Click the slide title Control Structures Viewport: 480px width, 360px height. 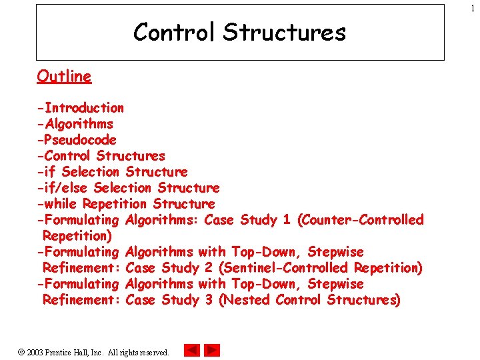[x=239, y=32]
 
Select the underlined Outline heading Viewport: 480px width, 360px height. [x=64, y=76]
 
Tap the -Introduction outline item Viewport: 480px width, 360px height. [x=81, y=108]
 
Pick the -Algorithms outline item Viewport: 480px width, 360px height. [x=75, y=124]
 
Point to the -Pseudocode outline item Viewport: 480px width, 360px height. [x=77, y=140]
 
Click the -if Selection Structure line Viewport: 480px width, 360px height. [x=113, y=172]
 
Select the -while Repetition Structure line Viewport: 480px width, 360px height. [x=126, y=204]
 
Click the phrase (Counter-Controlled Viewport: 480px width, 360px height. [x=361, y=220]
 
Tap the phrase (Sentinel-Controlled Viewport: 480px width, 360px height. [x=283, y=268]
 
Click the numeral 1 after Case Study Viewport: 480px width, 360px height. [x=286, y=220]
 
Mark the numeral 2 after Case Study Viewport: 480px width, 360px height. [x=209, y=268]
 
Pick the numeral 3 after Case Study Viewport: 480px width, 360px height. [x=209, y=300]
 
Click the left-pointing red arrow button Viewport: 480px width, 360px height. [x=192, y=351]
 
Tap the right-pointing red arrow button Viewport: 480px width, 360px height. [x=212, y=351]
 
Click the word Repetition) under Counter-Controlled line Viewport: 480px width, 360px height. [x=77, y=236]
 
